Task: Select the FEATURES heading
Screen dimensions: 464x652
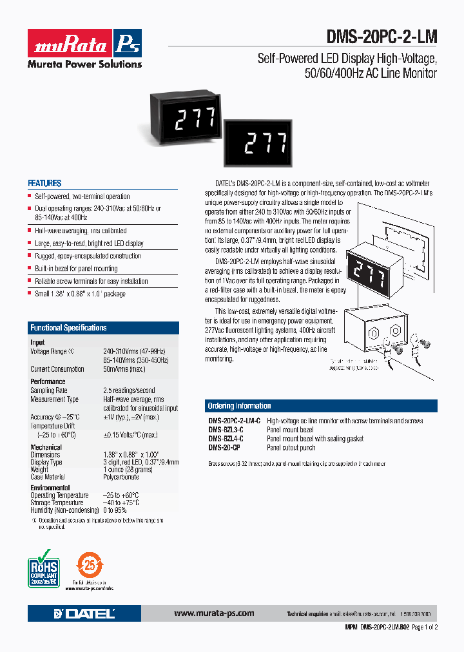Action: click(x=44, y=184)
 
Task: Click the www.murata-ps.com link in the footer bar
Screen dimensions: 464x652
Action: click(x=214, y=613)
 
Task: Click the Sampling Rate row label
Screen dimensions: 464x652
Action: click(x=49, y=390)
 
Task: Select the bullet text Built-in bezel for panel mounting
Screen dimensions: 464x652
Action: click(x=76, y=269)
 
